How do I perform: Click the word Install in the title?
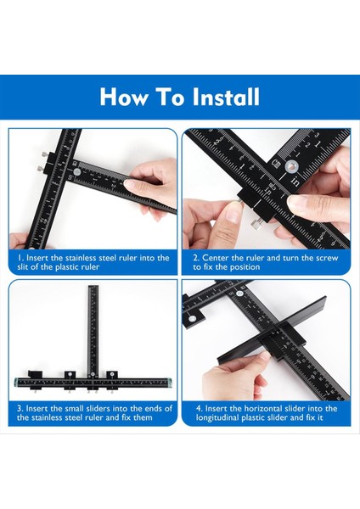[226, 97]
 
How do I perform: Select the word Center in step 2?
[216, 258]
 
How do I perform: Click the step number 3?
[20, 408]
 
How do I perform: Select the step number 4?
[199, 408]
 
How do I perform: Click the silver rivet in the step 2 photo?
[290, 167]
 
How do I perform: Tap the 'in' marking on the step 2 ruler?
[295, 181]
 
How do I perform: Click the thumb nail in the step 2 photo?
[233, 215]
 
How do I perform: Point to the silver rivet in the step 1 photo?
[77, 172]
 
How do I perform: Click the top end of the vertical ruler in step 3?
[93, 286]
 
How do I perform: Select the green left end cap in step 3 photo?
[17, 383]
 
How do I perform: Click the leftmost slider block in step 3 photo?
[35, 379]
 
